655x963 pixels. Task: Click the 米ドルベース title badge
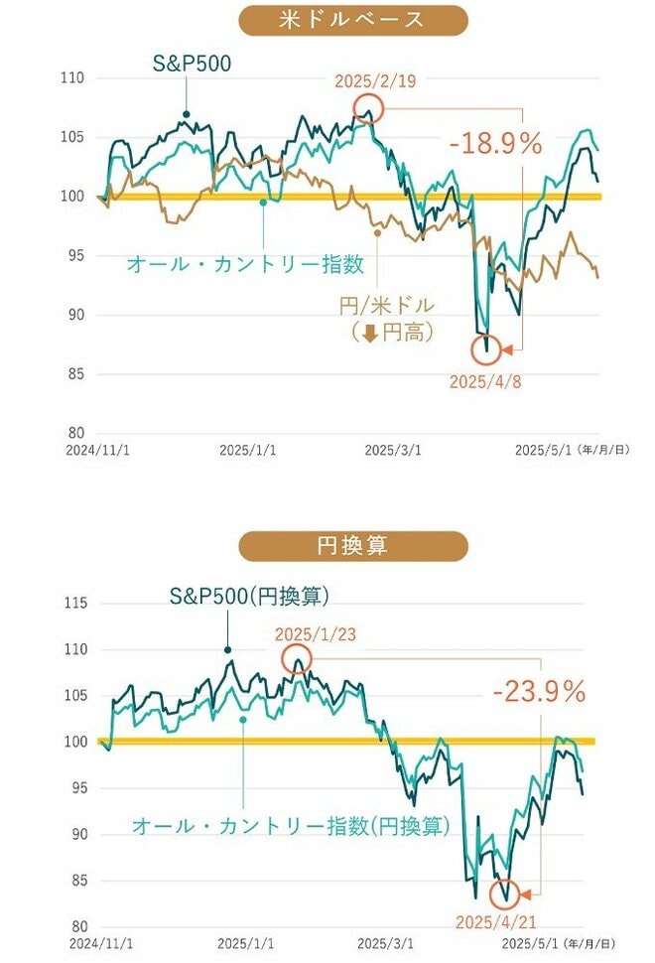coord(353,20)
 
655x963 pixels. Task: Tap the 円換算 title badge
coord(353,546)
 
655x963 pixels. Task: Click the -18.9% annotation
coord(495,143)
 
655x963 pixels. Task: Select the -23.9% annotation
coord(539,691)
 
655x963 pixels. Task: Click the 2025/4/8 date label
coord(484,381)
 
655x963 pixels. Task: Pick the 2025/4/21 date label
coord(496,922)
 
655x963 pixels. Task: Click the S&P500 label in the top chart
coord(192,66)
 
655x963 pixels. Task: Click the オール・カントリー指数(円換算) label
coord(290,825)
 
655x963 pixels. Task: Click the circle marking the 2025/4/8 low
coord(485,349)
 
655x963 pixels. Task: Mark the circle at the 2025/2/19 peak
coord(368,108)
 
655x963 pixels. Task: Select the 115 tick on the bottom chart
coord(74,604)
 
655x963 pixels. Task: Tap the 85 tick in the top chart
coord(73,374)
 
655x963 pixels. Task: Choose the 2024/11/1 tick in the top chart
coord(90,449)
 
